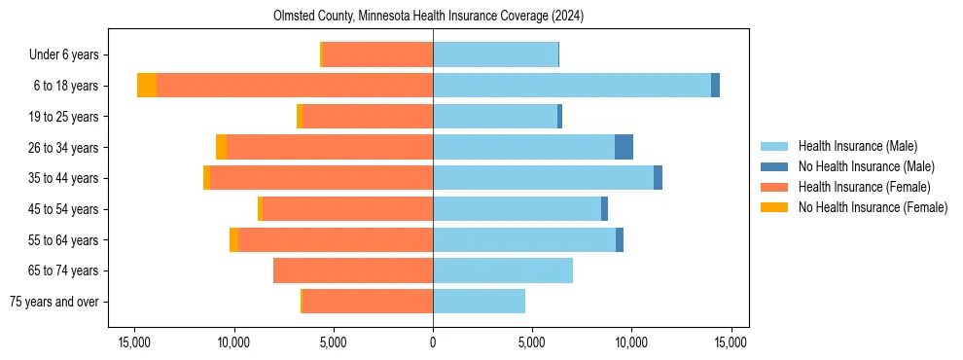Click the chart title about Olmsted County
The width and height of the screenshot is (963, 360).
[433, 17]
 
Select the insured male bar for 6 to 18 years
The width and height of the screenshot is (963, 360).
[572, 86]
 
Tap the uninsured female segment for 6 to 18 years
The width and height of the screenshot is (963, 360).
[146, 86]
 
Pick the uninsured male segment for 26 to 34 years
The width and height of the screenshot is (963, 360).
[624, 147]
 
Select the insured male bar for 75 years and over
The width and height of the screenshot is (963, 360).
[479, 302]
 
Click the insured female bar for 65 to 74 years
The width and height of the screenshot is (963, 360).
[353, 270]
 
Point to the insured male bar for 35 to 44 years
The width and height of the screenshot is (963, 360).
[543, 178]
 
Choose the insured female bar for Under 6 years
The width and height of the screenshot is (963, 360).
[377, 54]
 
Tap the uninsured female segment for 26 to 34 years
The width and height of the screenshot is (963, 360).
[221, 147]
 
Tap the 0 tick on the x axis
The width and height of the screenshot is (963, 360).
[433, 342]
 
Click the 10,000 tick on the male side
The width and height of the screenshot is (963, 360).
[631, 342]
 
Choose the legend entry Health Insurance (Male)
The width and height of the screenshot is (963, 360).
[857, 146]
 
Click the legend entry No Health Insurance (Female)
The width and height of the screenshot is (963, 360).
[873, 207]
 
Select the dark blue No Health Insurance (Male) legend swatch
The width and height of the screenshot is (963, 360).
[774, 166]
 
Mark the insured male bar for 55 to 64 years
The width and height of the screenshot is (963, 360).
[524, 239]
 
